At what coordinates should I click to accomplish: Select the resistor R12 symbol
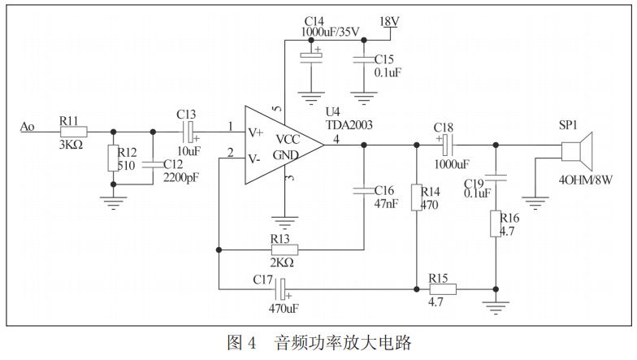(113, 158)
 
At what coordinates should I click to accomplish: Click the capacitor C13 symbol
(189, 130)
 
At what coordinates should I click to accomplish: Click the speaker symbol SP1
(578, 152)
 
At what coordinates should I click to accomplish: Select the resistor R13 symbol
(284, 249)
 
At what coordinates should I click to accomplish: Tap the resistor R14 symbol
(416, 197)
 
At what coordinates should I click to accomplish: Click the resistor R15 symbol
(442, 288)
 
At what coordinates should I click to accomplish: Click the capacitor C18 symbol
(445, 145)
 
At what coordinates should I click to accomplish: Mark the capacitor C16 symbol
(363, 192)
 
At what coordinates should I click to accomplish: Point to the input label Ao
(28, 126)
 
